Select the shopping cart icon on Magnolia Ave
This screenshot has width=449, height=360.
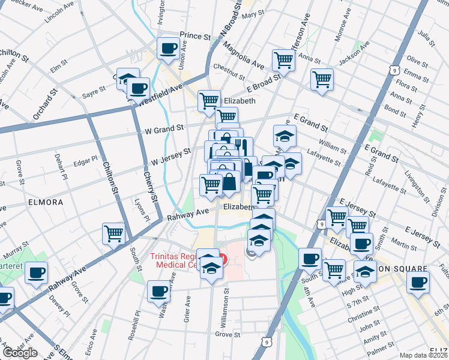coord(283,59)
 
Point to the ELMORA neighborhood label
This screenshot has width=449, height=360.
coord(46,203)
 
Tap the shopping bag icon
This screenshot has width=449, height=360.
coord(229,182)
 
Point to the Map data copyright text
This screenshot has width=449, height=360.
coord(423,355)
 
